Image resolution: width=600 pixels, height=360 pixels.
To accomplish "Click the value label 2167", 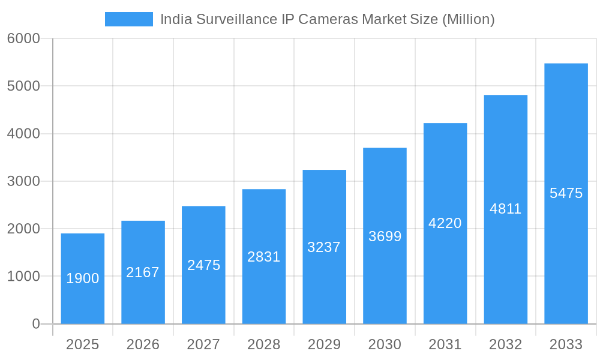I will tap(143, 272).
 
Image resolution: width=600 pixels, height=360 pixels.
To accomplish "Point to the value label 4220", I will tap(445, 223).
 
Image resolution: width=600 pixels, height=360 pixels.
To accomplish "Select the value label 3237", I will tap(324, 247).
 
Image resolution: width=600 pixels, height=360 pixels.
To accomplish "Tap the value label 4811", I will tap(506, 209).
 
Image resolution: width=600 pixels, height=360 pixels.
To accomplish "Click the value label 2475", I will tap(203, 265).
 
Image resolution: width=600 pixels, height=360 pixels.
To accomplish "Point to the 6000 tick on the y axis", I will tap(23, 39).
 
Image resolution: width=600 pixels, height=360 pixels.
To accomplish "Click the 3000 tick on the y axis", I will tap(23, 181).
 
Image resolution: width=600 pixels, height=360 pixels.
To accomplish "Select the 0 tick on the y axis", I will tap(35, 324).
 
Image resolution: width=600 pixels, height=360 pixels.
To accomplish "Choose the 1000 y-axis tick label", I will tap(23, 277).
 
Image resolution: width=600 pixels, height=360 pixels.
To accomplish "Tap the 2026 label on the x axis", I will tap(143, 344).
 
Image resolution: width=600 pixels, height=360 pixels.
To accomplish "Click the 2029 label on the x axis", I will tap(324, 344).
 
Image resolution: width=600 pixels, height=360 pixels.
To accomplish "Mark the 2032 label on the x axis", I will tap(506, 344).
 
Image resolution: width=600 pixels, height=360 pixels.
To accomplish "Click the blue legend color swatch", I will tap(128, 19).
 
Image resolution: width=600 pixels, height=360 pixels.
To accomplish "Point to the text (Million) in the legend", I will tap(468, 19).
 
